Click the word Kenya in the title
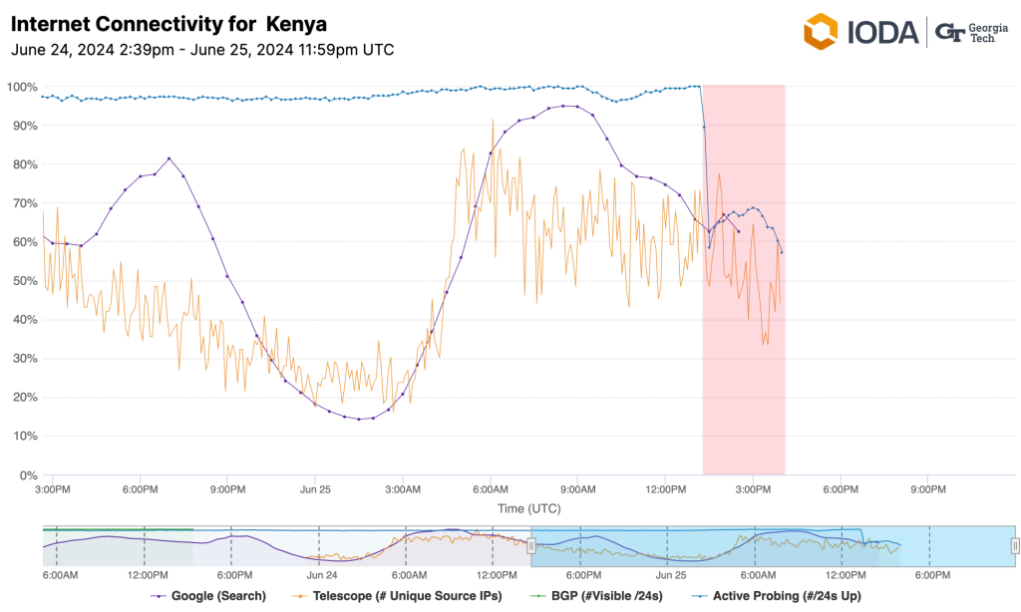296,23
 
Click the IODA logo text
881,32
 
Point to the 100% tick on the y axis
21,87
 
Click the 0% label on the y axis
27,475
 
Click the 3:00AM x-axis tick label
403,489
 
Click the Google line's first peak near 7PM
170,157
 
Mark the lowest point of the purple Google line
359,419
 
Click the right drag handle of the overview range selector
1015,544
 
